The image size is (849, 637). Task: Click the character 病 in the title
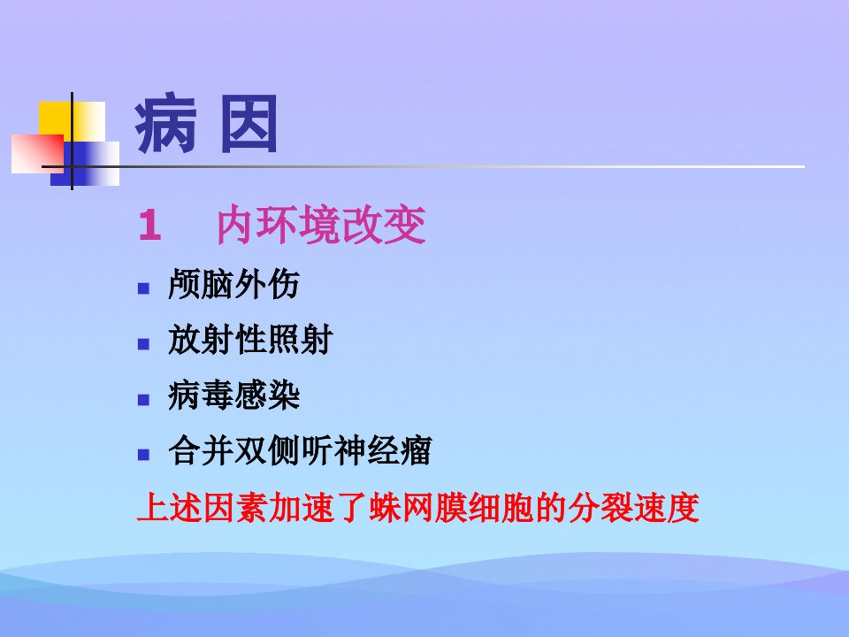tap(165, 123)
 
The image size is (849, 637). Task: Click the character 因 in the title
tap(249, 124)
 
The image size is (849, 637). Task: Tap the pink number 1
tap(149, 226)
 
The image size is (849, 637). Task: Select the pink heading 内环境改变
tap(321, 225)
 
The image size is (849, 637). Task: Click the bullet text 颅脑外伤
tap(233, 284)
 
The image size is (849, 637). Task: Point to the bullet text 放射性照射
tap(250, 340)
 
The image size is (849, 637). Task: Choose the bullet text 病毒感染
tap(233, 395)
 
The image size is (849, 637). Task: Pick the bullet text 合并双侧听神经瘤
tap(300, 450)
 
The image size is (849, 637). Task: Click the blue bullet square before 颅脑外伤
tap(143, 288)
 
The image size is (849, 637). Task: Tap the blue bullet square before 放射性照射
tap(143, 344)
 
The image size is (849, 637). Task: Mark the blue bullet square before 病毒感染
tap(143, 400)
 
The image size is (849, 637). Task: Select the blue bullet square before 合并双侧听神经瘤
tap(143, 455)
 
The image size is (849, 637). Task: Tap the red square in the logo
tap(37, 154)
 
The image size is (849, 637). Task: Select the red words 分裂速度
tap(633, 508)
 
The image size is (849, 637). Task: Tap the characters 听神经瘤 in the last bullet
tap(366, 450)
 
